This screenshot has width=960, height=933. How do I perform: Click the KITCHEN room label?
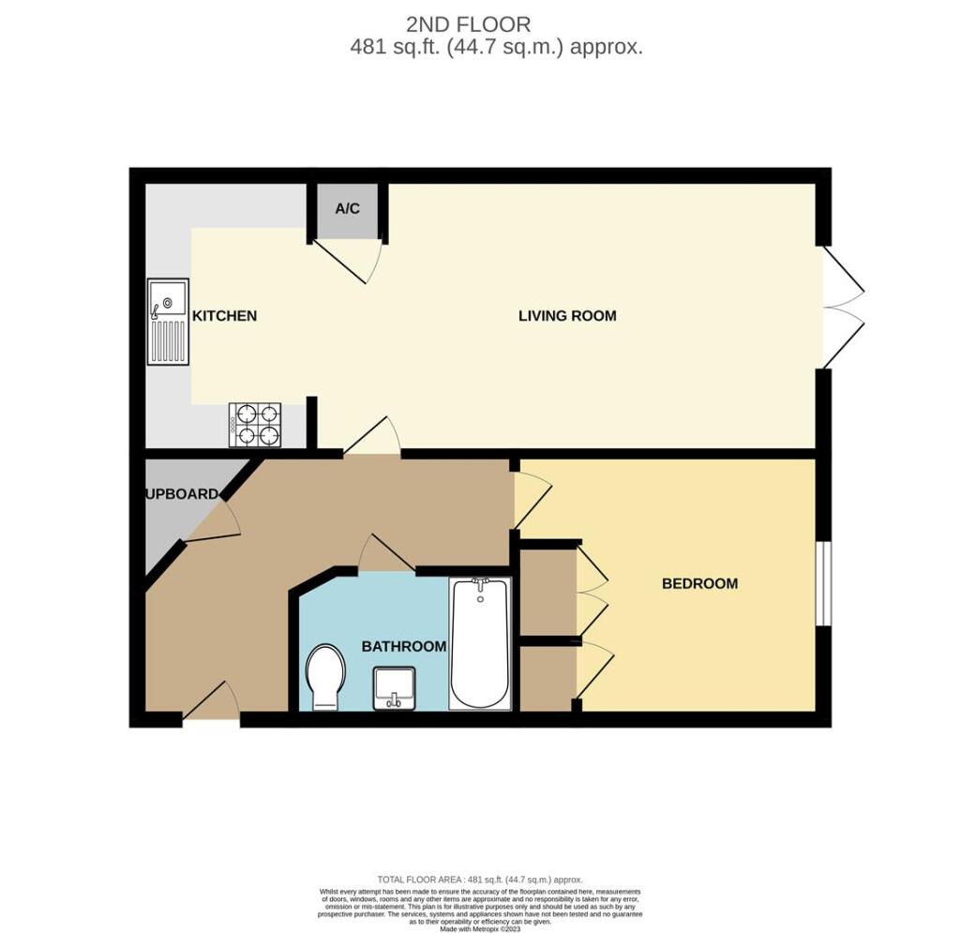pos(224,316)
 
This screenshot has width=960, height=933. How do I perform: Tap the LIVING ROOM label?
pos(567,316)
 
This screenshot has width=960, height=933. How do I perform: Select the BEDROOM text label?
pos(699,583)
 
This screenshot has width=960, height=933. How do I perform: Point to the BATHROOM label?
pos(404,647)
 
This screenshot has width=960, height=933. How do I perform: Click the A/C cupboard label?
pos(348,208)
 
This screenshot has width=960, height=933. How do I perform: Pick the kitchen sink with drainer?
pos(168,322)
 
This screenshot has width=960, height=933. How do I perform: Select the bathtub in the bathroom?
pos(480,643)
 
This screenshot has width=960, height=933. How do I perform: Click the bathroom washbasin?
pos(395,687)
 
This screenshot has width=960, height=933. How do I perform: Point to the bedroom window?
pos(822,583)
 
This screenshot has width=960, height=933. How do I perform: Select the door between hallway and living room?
pos(373,438)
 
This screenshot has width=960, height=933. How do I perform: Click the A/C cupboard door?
pos(347,258)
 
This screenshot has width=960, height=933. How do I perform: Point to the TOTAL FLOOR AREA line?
pos(479,880)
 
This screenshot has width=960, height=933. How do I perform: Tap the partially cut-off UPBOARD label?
pos(181,494)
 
